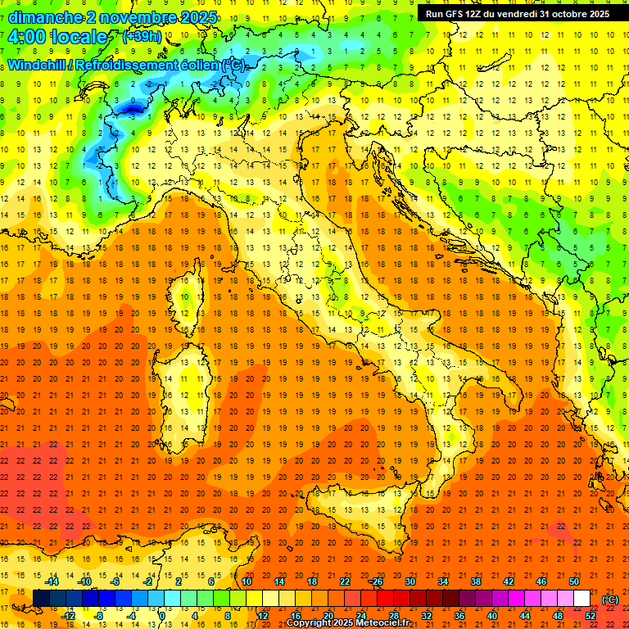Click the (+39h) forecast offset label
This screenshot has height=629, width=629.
(x=142, y=37)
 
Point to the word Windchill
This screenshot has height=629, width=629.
(x=38, y=65)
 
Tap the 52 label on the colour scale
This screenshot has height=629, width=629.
(x=590, y=616)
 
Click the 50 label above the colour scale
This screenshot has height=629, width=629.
(x=573, y=581)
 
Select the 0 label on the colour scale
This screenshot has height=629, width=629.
(x=163, y=616)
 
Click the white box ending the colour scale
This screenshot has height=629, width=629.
(x=581, y=599)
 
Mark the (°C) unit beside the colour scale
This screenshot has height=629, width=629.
(x=610, y=600)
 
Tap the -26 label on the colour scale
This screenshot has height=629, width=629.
(x=376, y=581)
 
